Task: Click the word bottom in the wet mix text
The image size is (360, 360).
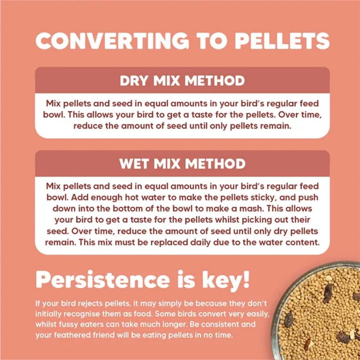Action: tap(132, 208)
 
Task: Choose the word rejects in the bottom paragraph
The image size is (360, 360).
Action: tap(91, 303)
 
